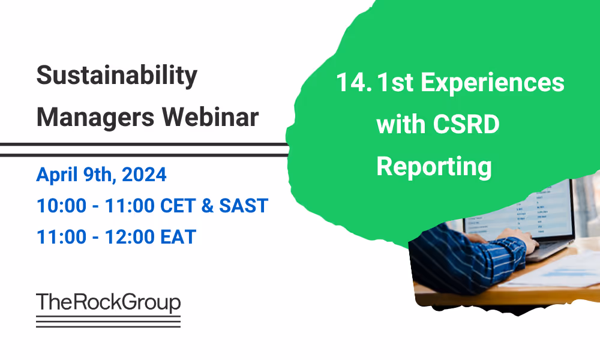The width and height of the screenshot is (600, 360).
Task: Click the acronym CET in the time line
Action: tap(181, 206)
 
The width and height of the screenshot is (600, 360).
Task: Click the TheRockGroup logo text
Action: tap(108, 302)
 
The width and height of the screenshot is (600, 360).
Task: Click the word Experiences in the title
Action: tap(492, 83)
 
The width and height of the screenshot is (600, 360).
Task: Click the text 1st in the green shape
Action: tap(395, 83)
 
